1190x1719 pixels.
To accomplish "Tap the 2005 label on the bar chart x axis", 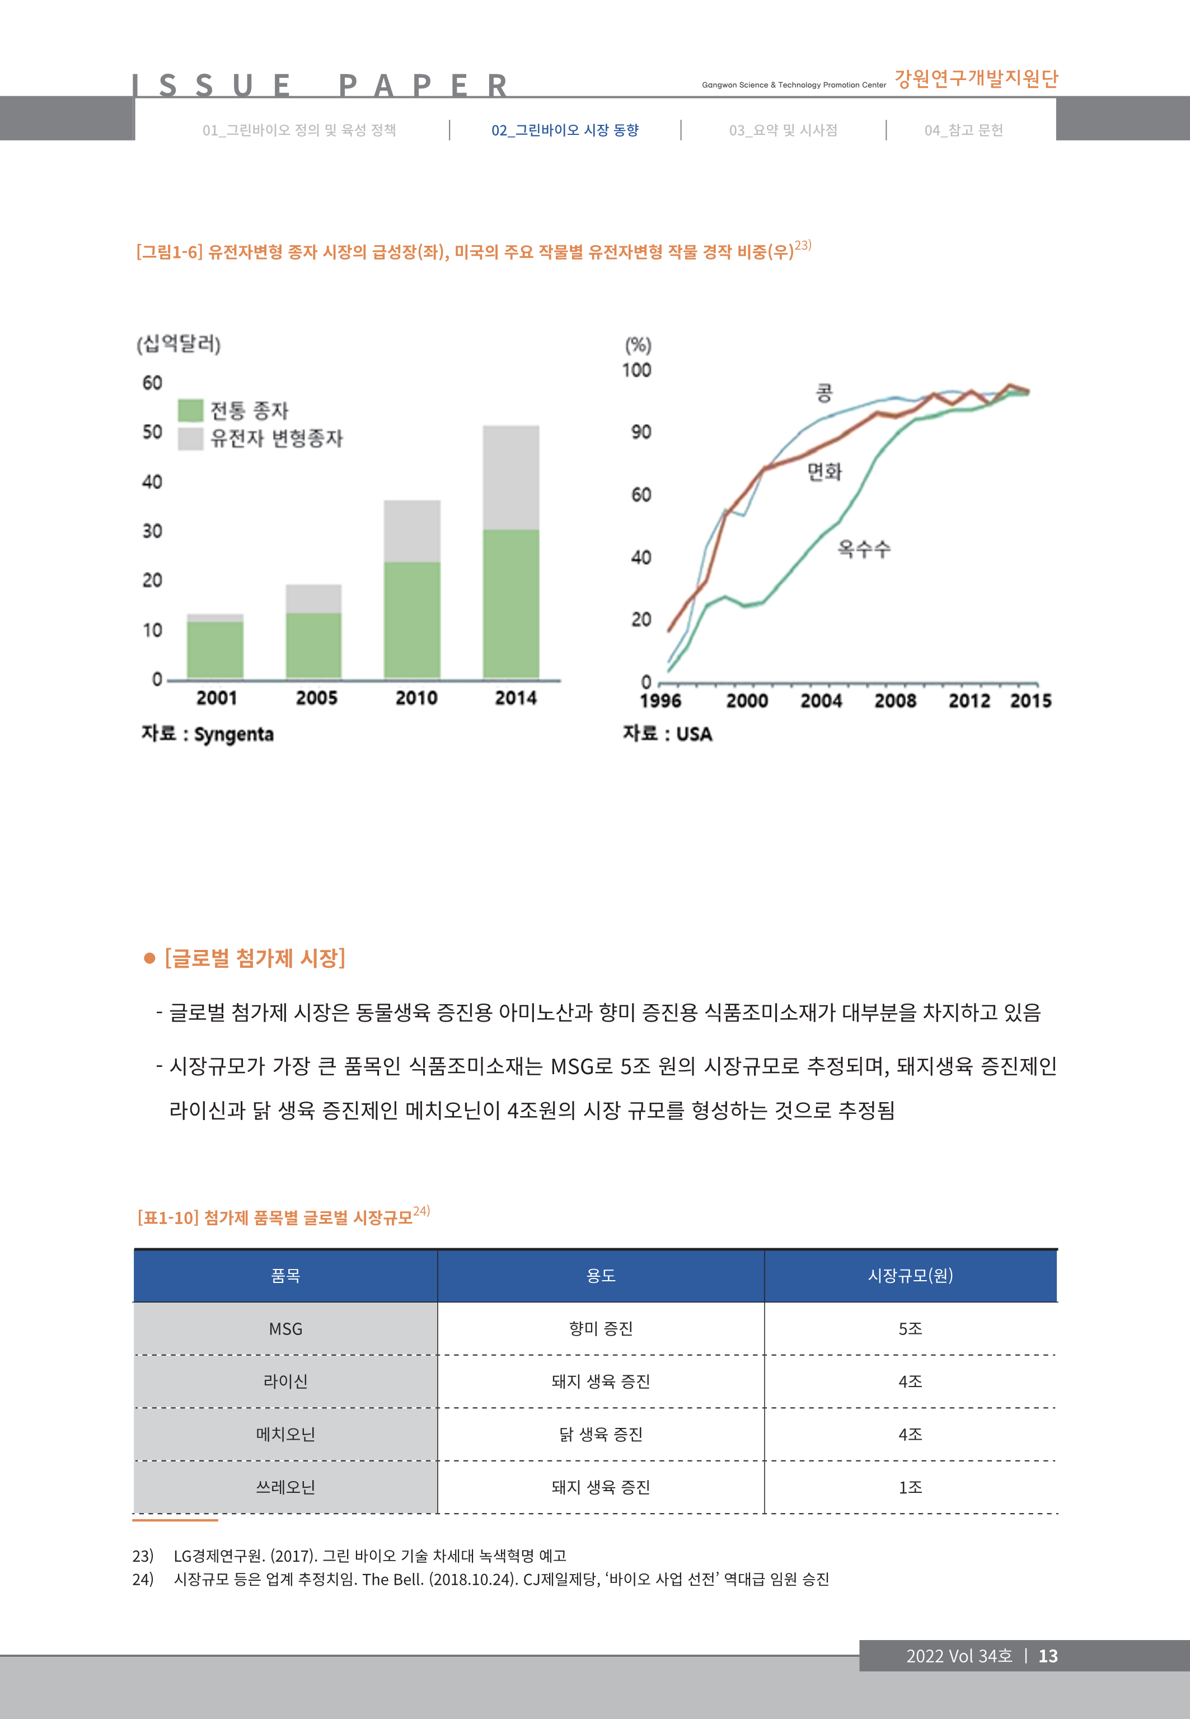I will tap(316, 699).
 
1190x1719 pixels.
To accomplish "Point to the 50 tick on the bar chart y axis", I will tap(152, 432).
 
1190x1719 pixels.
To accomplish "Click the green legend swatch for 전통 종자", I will tap(190, 410).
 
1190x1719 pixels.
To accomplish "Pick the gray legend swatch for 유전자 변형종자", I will tap(190, 438).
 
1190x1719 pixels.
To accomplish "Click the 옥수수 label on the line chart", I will tap(864, 549).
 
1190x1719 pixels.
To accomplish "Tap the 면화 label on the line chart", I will tap(824, 471).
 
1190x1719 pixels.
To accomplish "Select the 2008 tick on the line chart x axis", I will tap(894, 701).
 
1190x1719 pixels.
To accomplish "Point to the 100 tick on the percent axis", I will tap(637, 371).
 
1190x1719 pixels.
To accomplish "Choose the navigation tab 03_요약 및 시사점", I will tap(783, 130).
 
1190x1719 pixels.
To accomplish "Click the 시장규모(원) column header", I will tap(910, 1276).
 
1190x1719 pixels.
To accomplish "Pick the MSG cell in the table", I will tap(285, 1329).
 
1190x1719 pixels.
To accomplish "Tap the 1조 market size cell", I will tap(910, 1487).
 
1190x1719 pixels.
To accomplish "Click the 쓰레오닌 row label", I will tap(285, 1487).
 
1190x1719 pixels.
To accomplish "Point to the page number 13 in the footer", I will tap(1048, 1656).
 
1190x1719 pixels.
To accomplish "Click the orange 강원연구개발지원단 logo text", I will tap(976, 79).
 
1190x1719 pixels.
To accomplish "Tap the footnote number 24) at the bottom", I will tap(142, 1579).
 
